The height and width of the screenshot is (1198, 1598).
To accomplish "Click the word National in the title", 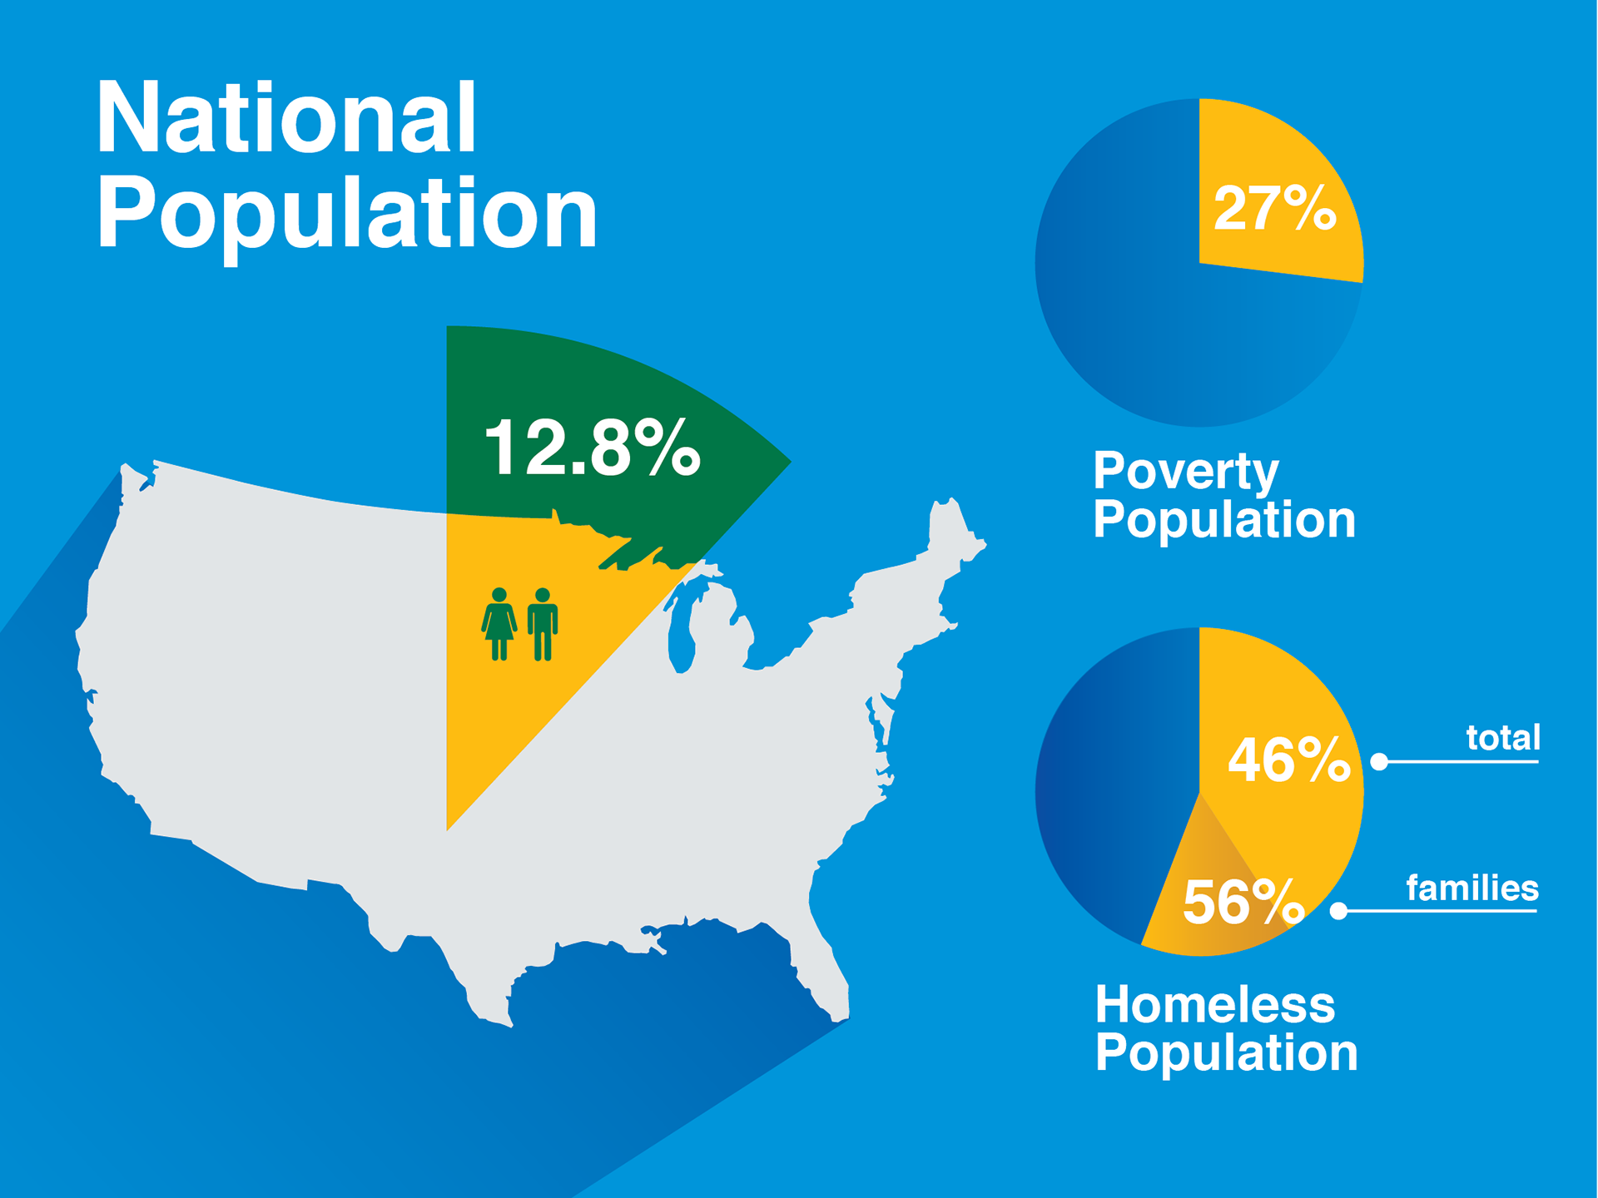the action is coord(286,117).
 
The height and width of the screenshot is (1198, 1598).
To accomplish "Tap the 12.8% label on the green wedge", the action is coord(593,448).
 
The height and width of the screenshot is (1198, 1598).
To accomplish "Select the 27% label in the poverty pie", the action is coord(1274,208).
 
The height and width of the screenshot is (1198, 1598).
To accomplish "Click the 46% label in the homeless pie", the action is coord(1288,760).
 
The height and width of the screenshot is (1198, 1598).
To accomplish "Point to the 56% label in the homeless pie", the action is coord(1243,902).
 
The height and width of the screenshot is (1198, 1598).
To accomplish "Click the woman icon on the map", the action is coord(499,624).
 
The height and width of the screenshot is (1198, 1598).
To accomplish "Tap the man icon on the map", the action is coord(543,624).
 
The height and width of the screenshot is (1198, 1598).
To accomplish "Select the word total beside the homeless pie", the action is coord(1503,738).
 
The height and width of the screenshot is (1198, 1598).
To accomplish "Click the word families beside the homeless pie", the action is coord(1472,889).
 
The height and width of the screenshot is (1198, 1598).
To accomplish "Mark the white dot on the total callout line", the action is coord(1379,761).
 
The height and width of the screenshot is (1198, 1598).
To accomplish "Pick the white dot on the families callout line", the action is coord(1338,911).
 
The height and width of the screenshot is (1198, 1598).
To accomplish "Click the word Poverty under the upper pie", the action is coord(1186,472).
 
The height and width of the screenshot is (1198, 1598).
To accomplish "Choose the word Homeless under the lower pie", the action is coord(1215,1004).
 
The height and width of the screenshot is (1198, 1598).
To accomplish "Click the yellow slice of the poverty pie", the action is coord(1273,200).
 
